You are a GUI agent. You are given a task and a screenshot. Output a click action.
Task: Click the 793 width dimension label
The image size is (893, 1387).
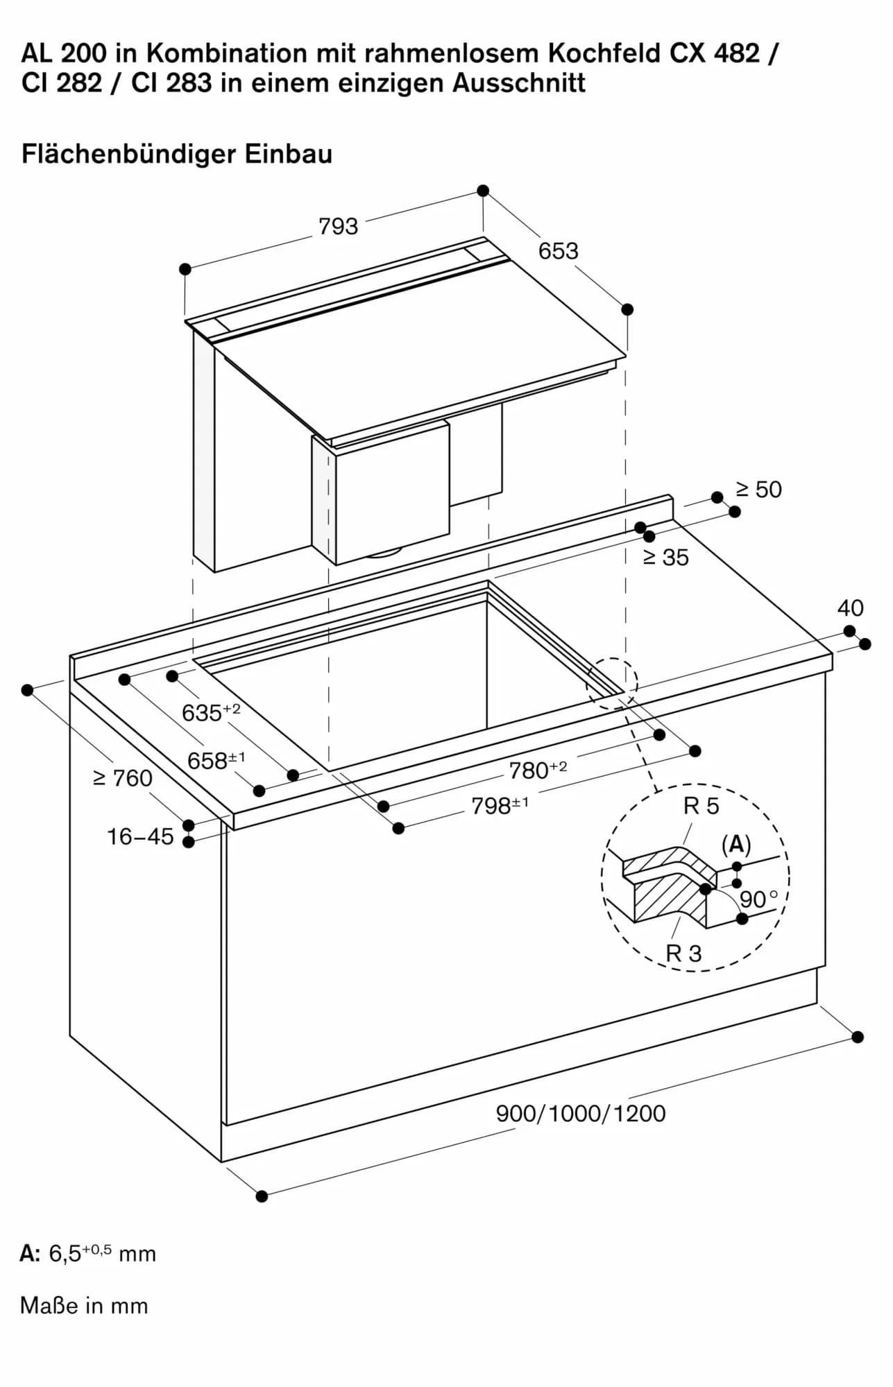click(x=338, y=227)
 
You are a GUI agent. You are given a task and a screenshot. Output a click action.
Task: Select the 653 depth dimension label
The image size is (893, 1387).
click(x=558, y=251)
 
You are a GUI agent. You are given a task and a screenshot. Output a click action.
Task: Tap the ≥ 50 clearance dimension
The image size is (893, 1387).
click(x=758, y=490)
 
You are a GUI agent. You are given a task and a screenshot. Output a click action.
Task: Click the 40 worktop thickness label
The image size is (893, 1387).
click(x=850, y=608)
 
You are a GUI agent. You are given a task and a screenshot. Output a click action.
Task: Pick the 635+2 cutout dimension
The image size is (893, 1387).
click(x=210, y=712)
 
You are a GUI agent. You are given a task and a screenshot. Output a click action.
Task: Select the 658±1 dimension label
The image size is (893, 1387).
click(x=216, y=761)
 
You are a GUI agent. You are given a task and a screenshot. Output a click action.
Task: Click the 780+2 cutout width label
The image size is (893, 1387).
click(x=538, y=770)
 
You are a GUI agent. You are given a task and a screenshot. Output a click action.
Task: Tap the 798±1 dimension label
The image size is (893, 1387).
click(x=500, y=806)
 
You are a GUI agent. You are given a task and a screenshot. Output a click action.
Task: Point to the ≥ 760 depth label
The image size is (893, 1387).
click(x=123, y=779)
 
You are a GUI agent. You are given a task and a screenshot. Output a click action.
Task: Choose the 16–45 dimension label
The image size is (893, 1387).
click(x=140, y=837)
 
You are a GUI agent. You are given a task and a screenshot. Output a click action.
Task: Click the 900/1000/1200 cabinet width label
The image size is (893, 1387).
click(x=580, y=1114)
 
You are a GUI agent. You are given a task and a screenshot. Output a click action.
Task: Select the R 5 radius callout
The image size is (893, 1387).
click(x=701, y=807)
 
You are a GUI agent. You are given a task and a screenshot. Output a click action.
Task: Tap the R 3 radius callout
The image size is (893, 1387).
click(x=683, y=954)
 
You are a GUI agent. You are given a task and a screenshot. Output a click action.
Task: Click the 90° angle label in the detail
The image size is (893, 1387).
click(x=757, y=899)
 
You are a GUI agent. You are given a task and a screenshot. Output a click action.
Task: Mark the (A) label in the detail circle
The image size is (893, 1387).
click(x=736, y=845)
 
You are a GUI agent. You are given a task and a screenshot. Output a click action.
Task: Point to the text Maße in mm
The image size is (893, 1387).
click(x=84, y=1306)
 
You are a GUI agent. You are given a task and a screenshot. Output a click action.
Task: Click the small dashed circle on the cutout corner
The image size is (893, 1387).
click(x=612, y=683)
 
